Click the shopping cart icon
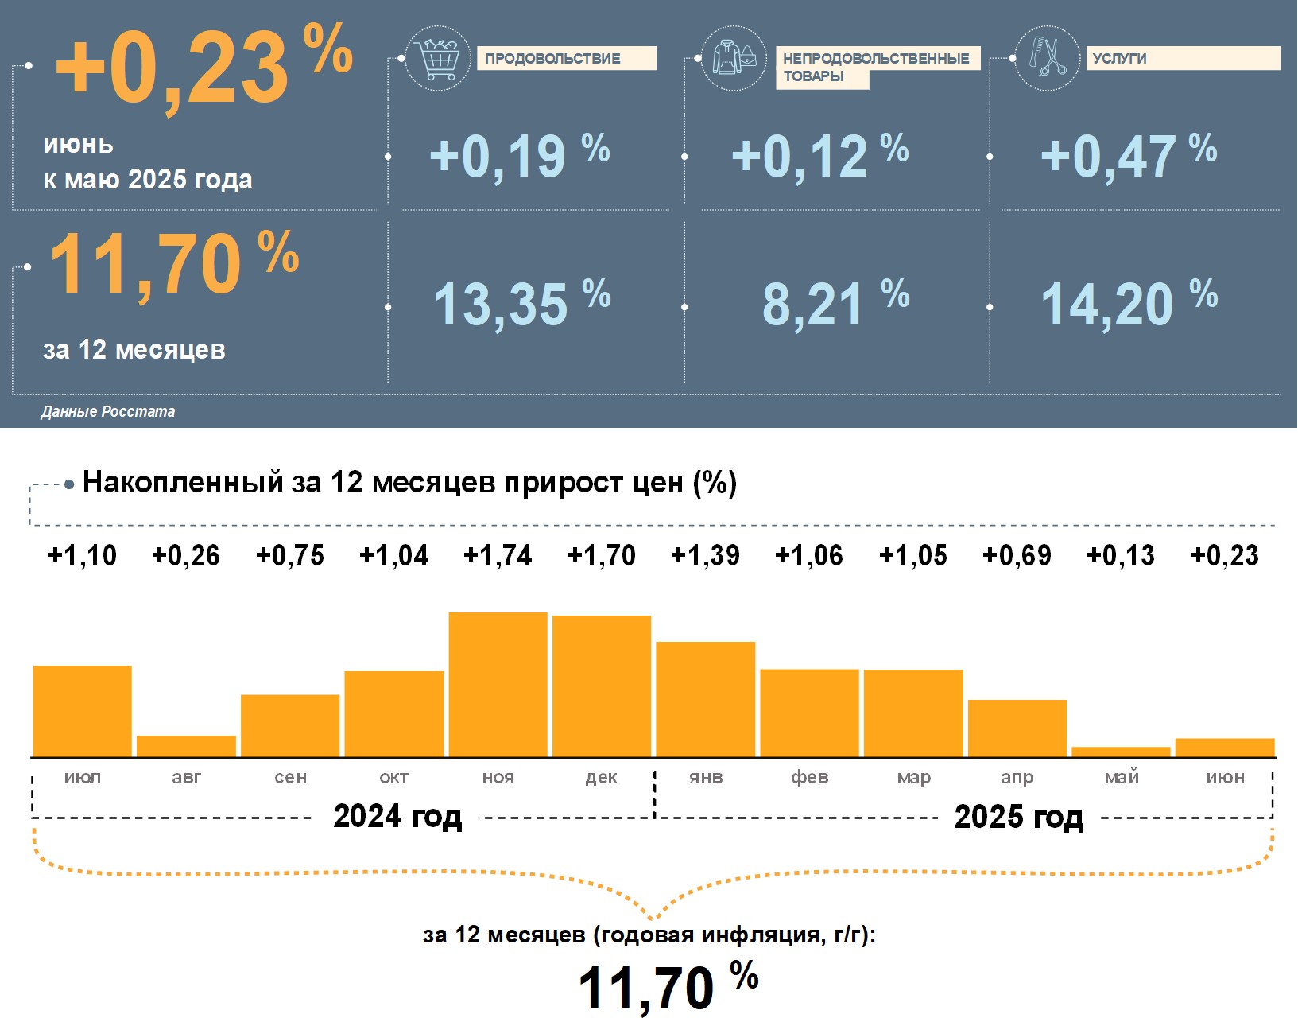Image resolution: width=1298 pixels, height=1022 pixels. [x=438, y=57]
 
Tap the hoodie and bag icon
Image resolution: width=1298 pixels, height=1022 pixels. [x=734, y=58]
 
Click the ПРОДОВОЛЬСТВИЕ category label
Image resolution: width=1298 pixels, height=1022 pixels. [x=566, y=59]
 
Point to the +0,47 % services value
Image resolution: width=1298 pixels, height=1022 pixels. [x=1128, y=155]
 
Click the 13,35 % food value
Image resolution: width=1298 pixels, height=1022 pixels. [x=521, y=304]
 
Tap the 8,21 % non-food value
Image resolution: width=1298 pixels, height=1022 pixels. [x=835, y=304]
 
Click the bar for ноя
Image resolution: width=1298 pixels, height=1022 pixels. [x=498, y=685]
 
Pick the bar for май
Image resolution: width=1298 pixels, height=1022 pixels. [x=1121, y=752]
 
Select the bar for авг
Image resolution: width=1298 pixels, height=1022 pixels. [x=186, y=746]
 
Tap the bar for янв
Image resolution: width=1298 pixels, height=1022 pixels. [x=705, y=699]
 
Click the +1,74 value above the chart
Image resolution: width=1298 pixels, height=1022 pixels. [x=498, y=555]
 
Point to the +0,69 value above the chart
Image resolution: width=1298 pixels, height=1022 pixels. [x=1017, y=555]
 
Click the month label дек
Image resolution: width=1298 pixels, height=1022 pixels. [x=602, y=778]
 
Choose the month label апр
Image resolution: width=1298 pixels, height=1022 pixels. [x=1017, y=778]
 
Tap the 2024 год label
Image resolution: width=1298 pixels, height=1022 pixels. [x=397, y=817]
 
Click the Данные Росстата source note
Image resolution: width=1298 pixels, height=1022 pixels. [x=108, y=412]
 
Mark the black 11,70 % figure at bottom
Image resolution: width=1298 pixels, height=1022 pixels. [x=667, y=987]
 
